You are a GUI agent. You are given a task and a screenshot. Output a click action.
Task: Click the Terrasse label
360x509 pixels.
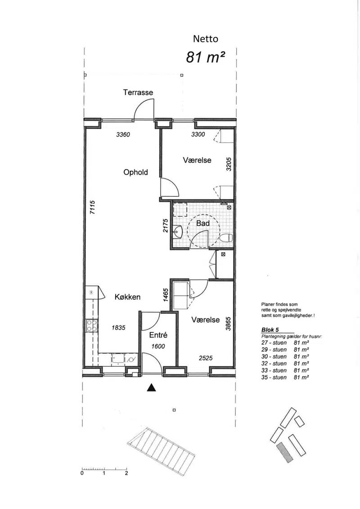pyautogui.click(x=138, y=93)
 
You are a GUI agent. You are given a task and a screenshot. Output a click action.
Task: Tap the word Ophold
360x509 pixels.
pyautogui.click(x=136, y=172)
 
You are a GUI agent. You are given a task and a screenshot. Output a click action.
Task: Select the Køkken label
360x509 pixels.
pyautogui.click(x=127, y=297)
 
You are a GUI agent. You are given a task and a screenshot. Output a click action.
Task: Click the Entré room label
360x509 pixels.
pyautogui.click(x=158, y=335)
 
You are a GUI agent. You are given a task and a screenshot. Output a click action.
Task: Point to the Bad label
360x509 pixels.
pyautogui.click(x=203, y=223)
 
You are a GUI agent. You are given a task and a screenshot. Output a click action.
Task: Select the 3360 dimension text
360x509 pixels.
pyautogui.click(x=123, y=135)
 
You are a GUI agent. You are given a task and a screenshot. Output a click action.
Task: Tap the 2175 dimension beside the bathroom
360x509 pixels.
pyautogui.click(x=166, y=226)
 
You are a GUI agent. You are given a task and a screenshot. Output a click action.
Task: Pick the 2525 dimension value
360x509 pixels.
pyautogui.click(x=206, y=358)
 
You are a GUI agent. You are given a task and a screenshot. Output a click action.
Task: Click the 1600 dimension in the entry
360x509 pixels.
pyautogui.click(x=158, y=347)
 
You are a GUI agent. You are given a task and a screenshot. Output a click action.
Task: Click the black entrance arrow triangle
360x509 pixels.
pyautogui.click(x=152, y=387)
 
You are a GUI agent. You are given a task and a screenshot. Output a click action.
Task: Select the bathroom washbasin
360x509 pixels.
pyautogui.click(x=178, y=232)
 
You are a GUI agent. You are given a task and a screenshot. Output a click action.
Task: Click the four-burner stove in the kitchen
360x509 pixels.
pyautogui.click(x=92, y=325)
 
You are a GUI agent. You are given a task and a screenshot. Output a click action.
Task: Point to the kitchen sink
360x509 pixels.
pyautogui.click(x=117, y=359)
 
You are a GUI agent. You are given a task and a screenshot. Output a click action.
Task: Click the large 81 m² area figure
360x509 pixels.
pyautogui.click(x=206, y=57)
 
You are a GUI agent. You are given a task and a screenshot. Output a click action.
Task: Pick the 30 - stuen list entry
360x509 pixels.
pyautogui.click(x=274, y=356)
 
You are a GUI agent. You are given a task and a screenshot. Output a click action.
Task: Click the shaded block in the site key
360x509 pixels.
pyautogui.click(x=285, y=452)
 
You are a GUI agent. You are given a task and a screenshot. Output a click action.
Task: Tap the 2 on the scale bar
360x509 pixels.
pyautogui.click(x=126, y=473)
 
